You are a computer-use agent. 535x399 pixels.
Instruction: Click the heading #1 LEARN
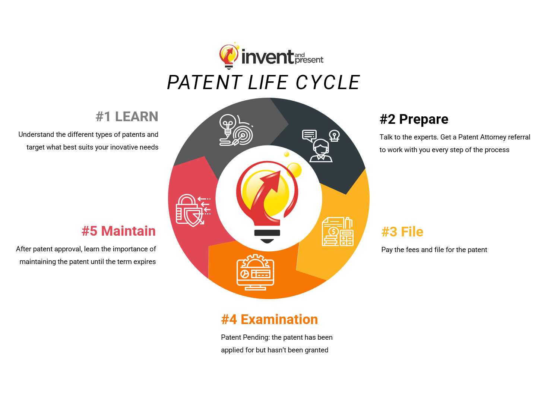coord(127,116)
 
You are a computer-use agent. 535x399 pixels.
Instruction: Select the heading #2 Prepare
coord(414,119)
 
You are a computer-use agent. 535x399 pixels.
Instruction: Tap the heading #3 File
coord(402,232)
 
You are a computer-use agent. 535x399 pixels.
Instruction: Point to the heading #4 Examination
coord(269,319)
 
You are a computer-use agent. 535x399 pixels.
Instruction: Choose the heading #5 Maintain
coord(119,231)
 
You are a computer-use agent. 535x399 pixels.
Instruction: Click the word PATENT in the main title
coord(205,82)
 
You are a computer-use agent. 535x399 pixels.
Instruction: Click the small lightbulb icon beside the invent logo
coord(229,56)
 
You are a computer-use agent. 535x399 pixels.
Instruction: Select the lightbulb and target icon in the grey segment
coord(236,130)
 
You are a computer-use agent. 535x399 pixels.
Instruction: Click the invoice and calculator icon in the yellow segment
coord(338,232)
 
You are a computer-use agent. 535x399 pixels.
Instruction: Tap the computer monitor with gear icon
coord(255,272)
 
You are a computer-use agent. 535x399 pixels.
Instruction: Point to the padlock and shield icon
coord(193,210)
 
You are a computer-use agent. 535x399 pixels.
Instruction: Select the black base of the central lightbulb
coord(267,236)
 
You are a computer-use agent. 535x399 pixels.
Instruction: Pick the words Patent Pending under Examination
coord(245,337)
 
